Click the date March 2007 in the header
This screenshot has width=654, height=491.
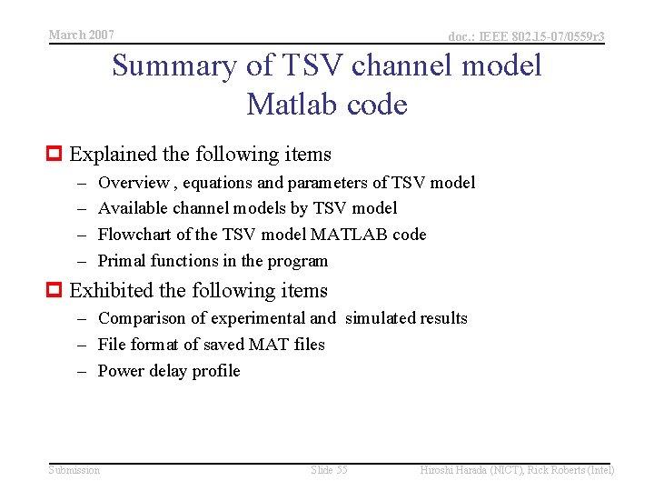click(81, 35)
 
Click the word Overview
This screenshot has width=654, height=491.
click(133, 183)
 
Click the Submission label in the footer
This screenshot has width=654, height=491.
click(74, 470)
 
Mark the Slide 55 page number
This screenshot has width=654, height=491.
click(329, 470)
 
